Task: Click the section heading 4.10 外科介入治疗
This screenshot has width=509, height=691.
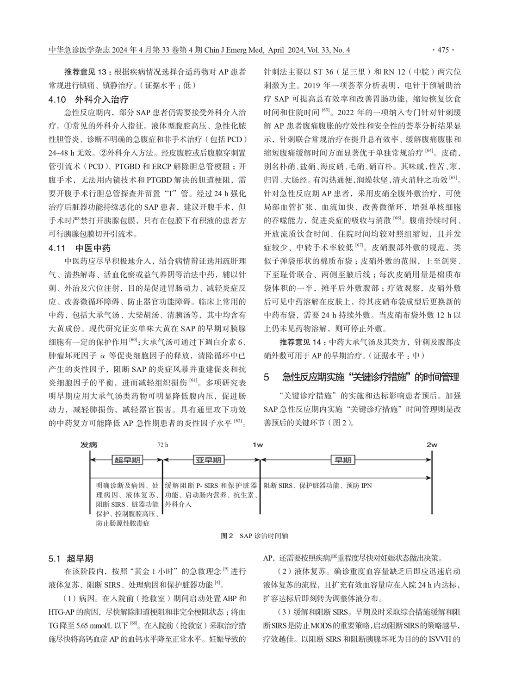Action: tap(88, 99)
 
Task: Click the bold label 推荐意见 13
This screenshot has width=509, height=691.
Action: tap(85, 73)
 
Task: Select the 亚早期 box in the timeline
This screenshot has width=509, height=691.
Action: tap(208, 460)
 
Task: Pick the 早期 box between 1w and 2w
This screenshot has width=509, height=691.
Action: tap(343, 460)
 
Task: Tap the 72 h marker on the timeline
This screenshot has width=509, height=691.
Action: tap(163, 445)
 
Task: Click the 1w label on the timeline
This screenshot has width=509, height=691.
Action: tap(258, 445)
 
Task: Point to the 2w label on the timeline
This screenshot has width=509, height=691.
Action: tap(432, 445)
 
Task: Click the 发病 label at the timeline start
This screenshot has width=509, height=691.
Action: tap(88, 445)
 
